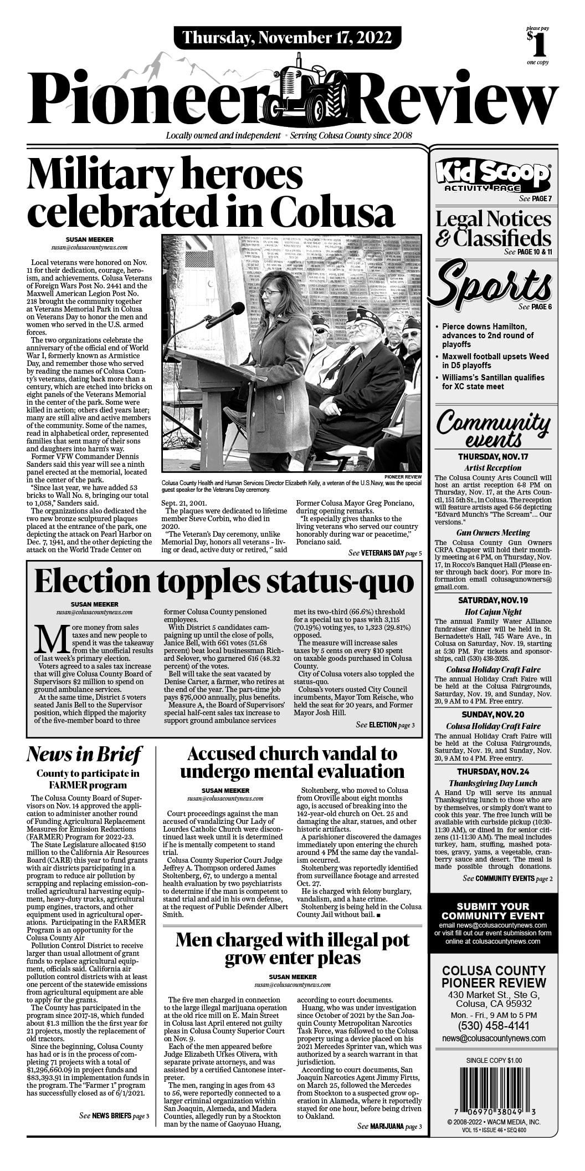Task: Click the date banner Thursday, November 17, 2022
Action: point(286,38)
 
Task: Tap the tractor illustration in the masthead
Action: point(312,88)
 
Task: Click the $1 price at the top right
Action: point(537,44)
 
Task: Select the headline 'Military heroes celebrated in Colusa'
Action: point(211,192)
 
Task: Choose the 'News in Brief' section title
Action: point(84,755)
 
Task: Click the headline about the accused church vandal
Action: point(292,762)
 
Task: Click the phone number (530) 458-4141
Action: point(494,1026)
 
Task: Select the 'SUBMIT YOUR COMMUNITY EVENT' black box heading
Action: point(493,911)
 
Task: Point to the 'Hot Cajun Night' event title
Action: point(493,612)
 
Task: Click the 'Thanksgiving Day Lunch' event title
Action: point(493,783)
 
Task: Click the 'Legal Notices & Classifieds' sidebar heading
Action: point(493,228)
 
